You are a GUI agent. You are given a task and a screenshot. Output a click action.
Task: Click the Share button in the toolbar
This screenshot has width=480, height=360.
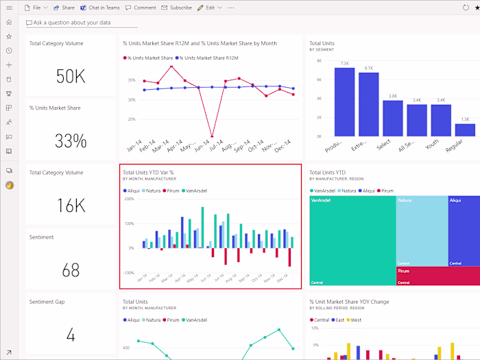coord(64,8)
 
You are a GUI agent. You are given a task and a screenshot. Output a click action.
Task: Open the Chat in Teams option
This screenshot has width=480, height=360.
coord(99,8)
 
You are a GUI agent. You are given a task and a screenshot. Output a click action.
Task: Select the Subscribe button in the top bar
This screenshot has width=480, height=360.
coord(176,8)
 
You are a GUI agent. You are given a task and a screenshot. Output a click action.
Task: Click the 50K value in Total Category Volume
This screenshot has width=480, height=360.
coord(71,77)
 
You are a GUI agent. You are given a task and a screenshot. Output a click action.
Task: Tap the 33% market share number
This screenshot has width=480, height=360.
coord(71,141)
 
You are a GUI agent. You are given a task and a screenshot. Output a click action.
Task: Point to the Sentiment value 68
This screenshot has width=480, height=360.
coord(71,270)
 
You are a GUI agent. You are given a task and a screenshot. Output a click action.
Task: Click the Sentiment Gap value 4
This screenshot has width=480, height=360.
coord(71,335)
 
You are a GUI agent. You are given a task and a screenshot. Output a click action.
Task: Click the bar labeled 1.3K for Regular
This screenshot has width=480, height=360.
coord(465,130)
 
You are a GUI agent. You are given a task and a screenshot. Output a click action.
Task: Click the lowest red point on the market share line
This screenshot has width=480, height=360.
coord(213,136)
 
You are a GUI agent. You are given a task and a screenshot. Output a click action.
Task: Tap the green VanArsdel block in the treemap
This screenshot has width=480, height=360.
coord(352,240)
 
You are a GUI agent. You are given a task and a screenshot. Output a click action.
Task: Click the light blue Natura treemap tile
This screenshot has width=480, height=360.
coord(421,230)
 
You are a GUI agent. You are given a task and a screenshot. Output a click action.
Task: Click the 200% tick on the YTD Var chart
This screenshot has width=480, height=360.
coord(129,199)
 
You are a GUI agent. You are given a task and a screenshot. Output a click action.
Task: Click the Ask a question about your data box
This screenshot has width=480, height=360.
coord(81,23)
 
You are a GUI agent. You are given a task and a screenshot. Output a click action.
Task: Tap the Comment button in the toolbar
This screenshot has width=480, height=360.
coord(141,8)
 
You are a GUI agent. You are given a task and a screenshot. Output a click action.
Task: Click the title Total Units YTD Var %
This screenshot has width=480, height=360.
coord(147,173)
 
